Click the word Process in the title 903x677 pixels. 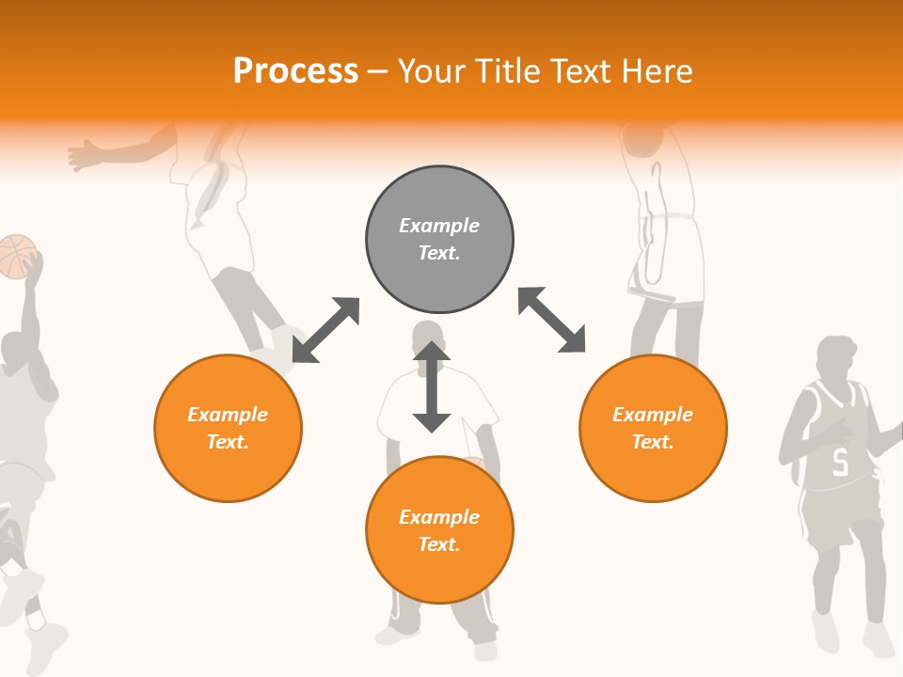(295, 71)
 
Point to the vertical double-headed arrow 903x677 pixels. (432, 387)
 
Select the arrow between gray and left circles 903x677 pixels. (325, 330)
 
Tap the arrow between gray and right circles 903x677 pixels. (552, 321)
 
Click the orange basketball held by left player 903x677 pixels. (17, 256)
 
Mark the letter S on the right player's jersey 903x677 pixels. (840, 462)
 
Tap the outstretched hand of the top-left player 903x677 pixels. (85, 154)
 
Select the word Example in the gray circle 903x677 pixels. (439, 226)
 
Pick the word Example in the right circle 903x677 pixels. (653, 415)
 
